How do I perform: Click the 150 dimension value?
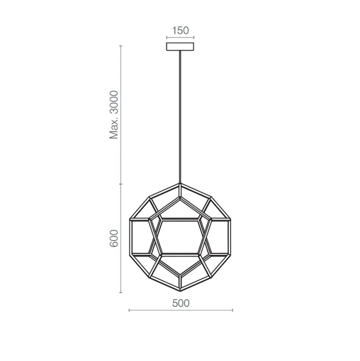point(180,31)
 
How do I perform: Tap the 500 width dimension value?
point(181,303)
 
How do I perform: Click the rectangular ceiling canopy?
point(180,47)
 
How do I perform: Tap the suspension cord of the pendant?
point(180,114)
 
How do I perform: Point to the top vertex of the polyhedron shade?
point(180,184)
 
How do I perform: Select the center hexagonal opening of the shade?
point(180,237)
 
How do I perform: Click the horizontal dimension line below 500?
point(181,310)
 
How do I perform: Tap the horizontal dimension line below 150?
point(180,37)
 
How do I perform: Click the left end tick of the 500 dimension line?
point(130,310)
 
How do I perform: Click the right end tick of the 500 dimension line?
point(233,310)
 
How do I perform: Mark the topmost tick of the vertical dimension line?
point(121,46)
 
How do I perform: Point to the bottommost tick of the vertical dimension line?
point(121,293)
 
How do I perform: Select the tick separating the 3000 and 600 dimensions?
point(121,184)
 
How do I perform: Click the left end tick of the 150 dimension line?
point(167,37)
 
